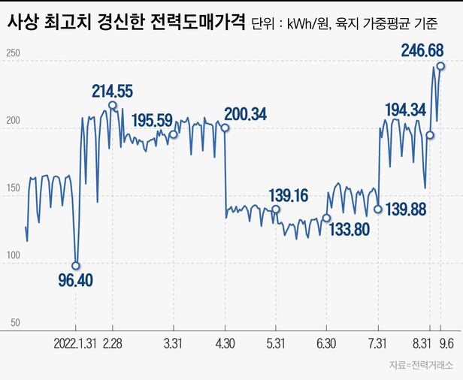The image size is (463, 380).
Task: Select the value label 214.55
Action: pyautogui.click(x=113, y=91)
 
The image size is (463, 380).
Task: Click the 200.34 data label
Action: pyautogui.click(x=246, y=114)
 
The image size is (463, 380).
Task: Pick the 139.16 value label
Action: pyautogui.click(x=289, y=195)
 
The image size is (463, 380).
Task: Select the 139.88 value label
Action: pyautogui.click(x=406, y=209)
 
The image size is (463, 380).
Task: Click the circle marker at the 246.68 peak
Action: pyautogui.click(x=440, y=66)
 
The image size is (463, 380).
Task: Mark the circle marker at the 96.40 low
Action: pyautogui.click(x=75, y=265)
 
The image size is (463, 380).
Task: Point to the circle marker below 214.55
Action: pyautogui.click(x=112, y=105)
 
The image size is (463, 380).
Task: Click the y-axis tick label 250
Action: pyautogui.click(x=13, y=54)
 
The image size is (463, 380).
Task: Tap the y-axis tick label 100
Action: pyautogui.click(x=13, y=256)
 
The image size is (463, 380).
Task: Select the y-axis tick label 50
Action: pyautogui.click(x=15, y=322)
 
